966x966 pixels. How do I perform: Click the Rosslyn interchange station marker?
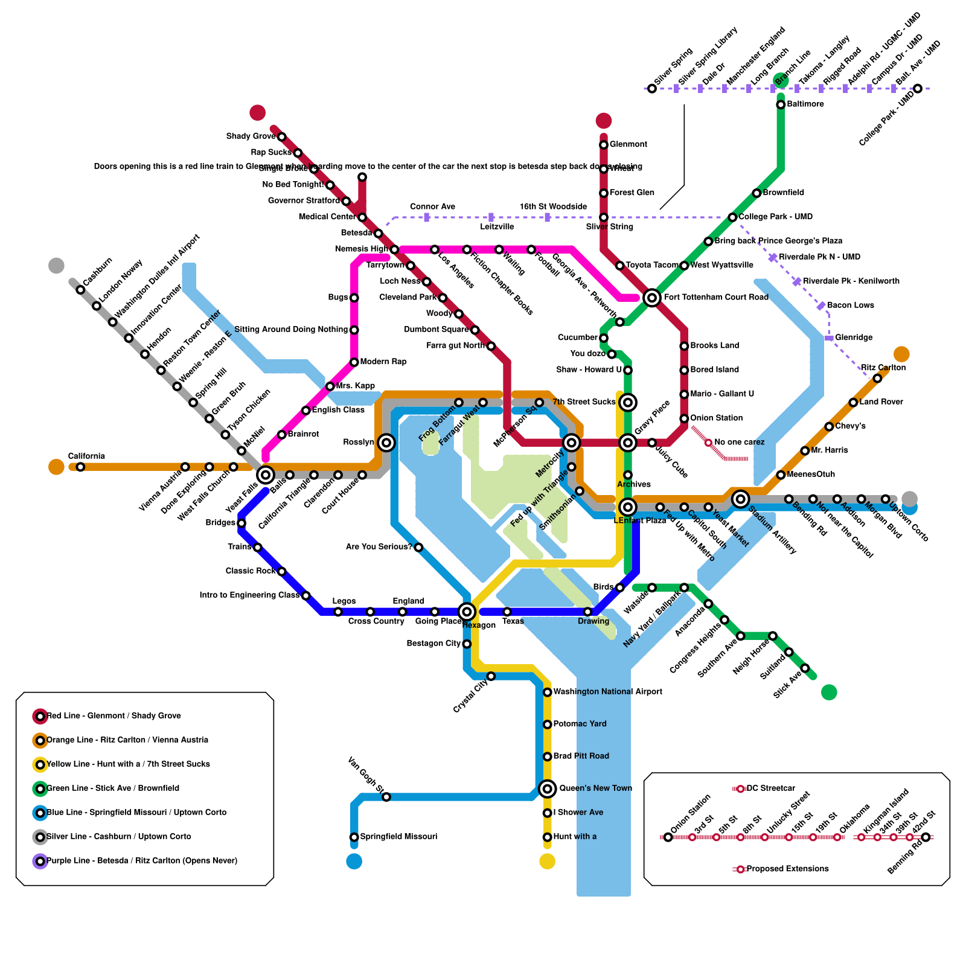386,443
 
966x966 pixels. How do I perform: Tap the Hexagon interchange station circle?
467,612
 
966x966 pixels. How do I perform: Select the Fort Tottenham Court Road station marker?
651,297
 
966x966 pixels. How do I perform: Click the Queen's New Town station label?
595,788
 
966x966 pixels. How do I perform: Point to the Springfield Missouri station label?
398,836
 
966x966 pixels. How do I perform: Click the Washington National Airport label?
607,691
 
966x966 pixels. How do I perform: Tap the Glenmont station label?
628,144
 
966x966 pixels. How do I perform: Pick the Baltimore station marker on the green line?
781,104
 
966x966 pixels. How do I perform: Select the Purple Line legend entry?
142,861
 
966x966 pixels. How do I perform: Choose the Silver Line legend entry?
119,837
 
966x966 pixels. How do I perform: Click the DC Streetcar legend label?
770,788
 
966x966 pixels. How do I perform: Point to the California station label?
86,456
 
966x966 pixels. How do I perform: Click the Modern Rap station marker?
354,362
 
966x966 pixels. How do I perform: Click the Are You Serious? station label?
379,547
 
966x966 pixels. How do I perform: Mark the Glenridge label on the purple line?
854,337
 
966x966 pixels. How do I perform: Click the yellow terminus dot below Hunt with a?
547,862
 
